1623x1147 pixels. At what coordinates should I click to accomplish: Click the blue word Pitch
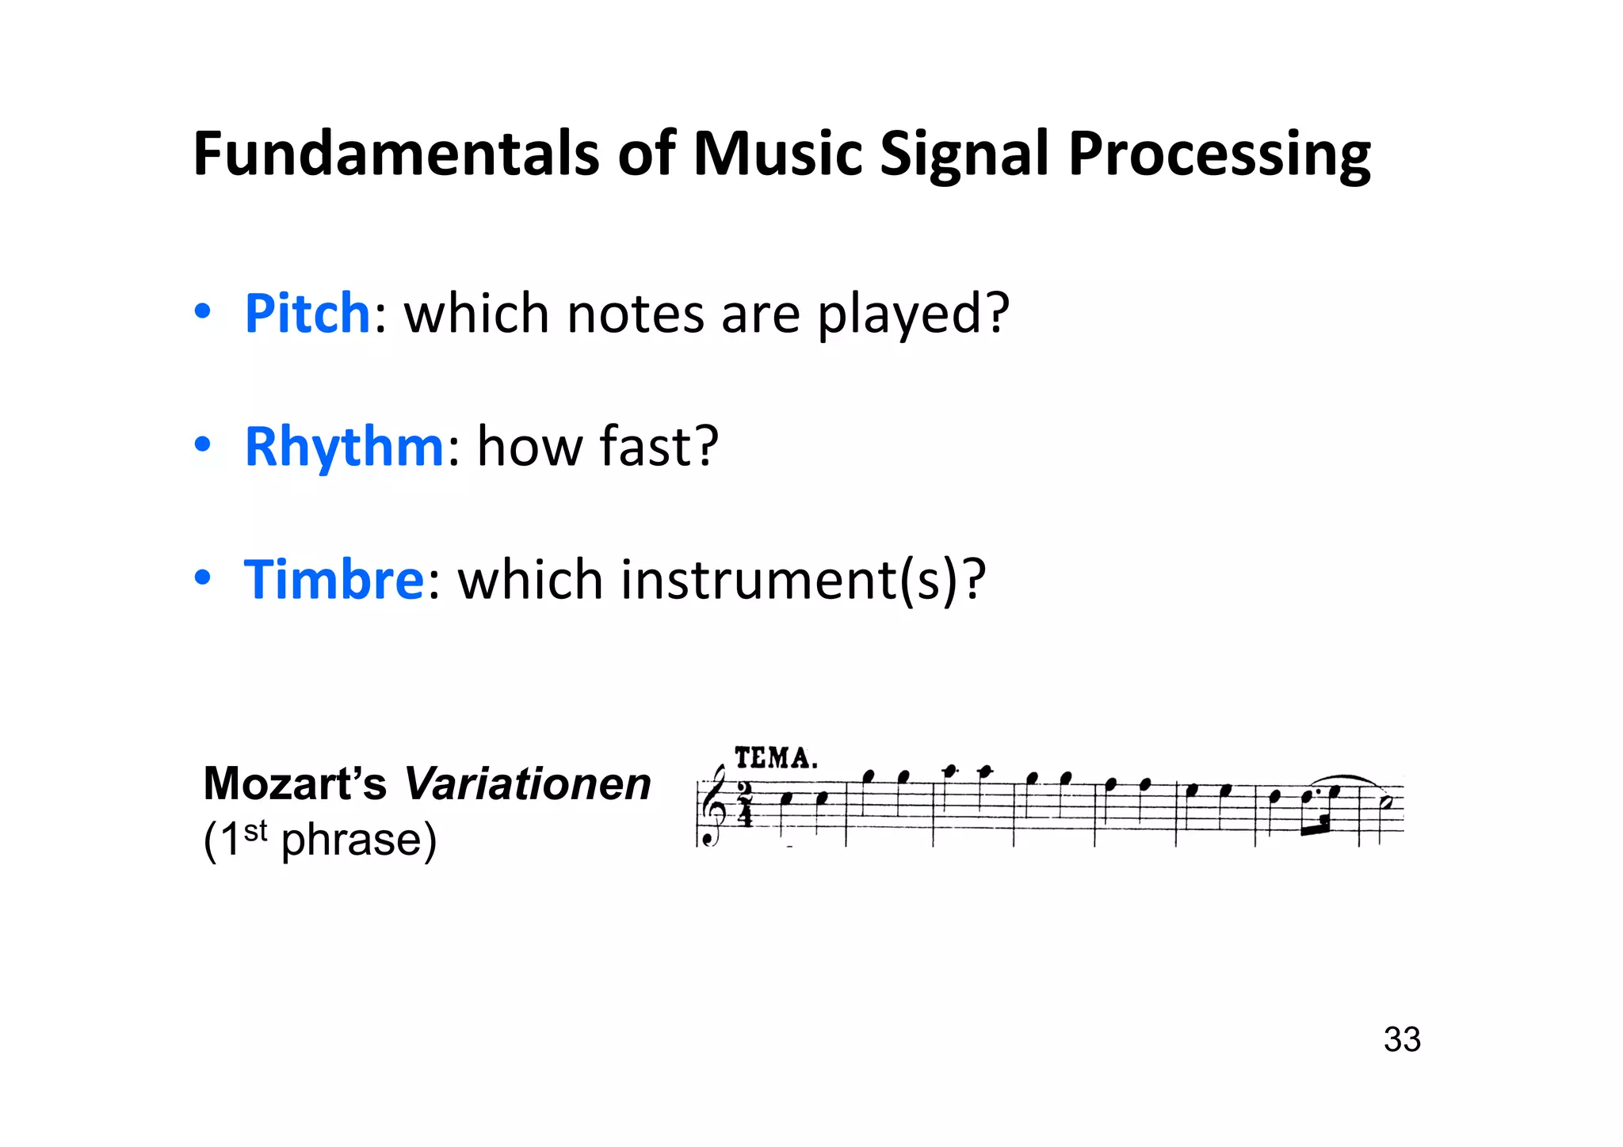(307, 313)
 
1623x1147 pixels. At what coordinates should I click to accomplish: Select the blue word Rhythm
(344, 446)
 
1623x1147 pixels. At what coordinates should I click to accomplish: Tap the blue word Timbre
(334, 579)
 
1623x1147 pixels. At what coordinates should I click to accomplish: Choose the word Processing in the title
(1219, 154)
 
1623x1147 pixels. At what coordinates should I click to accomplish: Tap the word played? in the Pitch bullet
(914, 314)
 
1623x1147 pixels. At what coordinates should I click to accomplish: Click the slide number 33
(1402, 1039)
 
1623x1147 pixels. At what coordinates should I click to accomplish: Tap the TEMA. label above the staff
(775, 758)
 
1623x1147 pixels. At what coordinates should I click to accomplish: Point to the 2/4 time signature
(745, 804)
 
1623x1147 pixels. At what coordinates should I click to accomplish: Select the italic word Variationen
(528, 784)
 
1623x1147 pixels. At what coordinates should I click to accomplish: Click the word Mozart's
(295, 784)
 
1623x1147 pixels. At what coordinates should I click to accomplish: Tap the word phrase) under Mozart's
(359, 840)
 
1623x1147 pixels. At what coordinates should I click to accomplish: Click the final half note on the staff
(1385, 802)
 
